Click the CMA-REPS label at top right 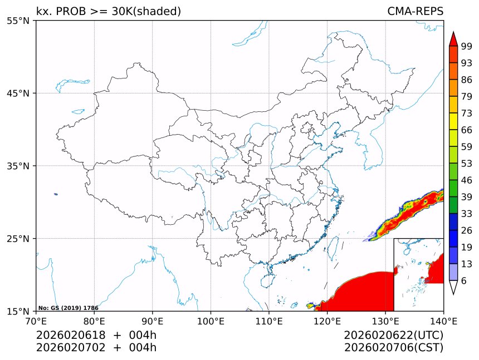415,11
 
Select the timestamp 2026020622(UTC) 393,335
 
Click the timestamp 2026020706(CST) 393,348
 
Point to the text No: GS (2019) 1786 68,308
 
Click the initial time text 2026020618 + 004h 96,335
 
